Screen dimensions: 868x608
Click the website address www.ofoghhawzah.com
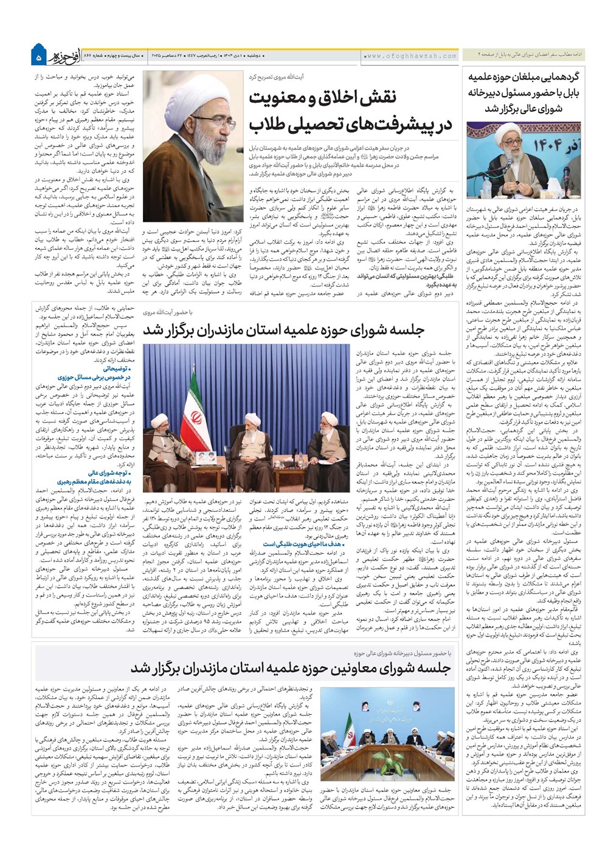pos(411,56)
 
